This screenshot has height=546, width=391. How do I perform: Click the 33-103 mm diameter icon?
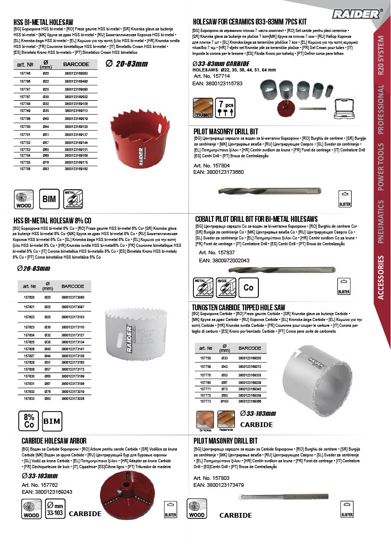point(54,509)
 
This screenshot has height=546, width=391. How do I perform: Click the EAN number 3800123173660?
point(225,172)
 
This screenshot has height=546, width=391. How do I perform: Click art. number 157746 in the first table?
point(25,73)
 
